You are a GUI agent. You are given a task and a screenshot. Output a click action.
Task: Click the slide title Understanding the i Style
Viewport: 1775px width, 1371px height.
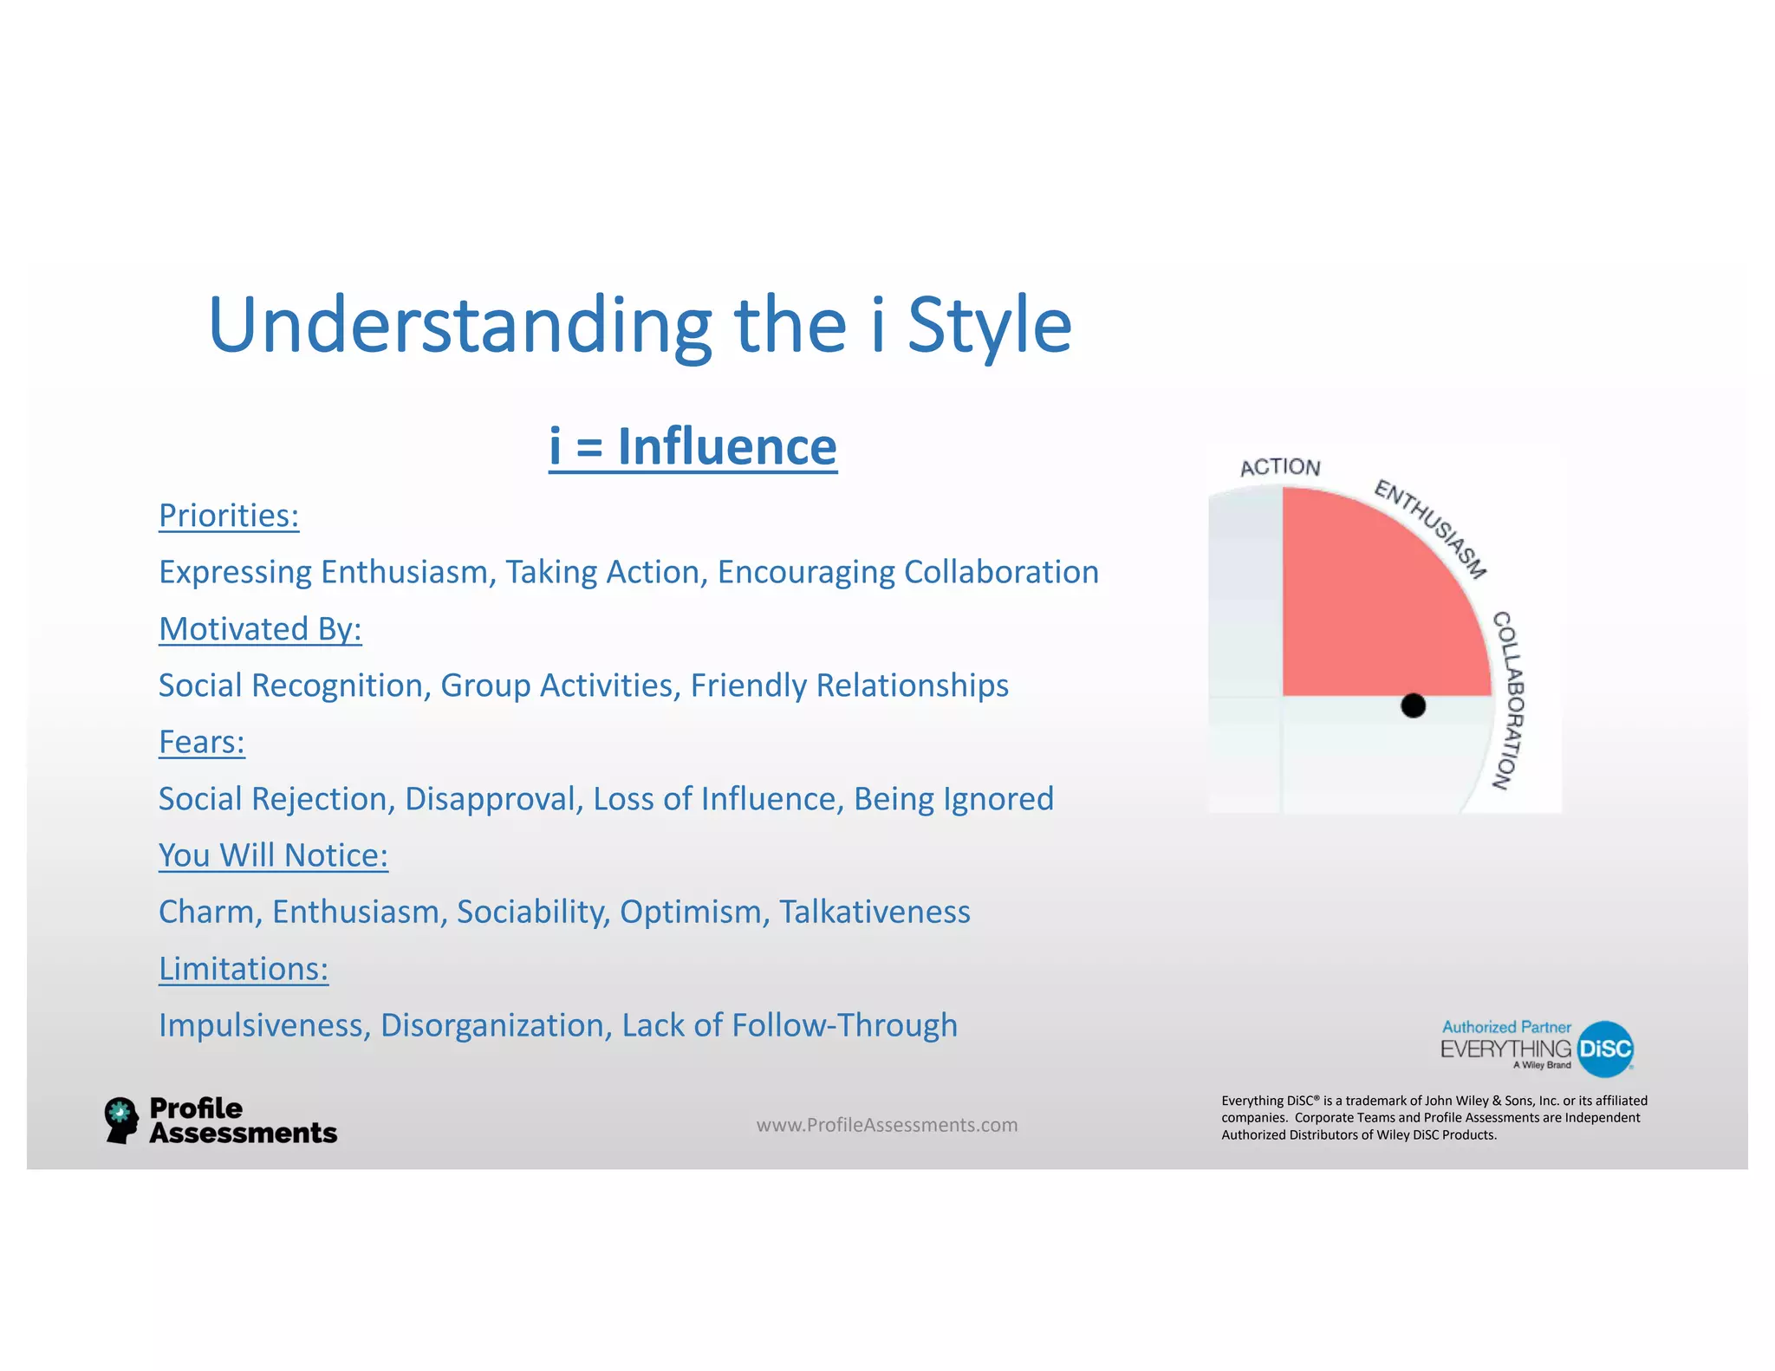point(640,325)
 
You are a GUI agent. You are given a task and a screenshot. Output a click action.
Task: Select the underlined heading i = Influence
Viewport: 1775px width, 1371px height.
point(692,447)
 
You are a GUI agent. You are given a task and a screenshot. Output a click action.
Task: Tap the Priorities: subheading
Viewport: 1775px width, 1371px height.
point(229,516)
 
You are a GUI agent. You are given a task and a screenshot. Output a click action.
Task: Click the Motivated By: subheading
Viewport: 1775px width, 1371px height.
point(260,629)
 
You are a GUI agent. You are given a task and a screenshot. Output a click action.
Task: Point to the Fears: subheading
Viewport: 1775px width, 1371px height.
point(202,743)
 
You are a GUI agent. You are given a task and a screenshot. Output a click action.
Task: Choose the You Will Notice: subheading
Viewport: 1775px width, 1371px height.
point(273,855)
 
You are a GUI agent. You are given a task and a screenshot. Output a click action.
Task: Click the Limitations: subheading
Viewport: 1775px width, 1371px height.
point(244,969)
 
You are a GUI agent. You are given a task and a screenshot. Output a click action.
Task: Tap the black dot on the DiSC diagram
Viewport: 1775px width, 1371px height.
point(1413,705)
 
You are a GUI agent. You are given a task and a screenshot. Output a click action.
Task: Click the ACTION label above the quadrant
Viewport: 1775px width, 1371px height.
point(1280,467)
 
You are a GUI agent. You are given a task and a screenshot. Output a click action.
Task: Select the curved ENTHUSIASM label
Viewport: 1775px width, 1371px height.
point(1431,528)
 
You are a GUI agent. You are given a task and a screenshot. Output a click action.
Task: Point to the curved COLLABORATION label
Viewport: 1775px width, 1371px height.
point(1507,700)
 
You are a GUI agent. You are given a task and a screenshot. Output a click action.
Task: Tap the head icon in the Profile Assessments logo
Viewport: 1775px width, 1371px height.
point(121,1120)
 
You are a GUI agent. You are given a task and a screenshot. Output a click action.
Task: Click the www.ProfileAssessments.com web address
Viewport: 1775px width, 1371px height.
point(887,1125)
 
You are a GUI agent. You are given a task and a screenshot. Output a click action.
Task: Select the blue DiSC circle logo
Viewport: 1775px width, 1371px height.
point(1605,1049)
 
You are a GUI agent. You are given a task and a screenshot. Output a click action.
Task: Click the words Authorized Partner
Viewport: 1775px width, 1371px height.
point(1506,1027)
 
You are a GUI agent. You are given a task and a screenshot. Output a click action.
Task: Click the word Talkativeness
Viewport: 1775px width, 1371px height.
point(874,912)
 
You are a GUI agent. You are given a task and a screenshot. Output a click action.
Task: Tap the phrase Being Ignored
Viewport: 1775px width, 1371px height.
point(953,799)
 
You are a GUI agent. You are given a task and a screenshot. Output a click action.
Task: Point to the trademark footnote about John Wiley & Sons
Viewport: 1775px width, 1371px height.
point(1434,1118)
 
